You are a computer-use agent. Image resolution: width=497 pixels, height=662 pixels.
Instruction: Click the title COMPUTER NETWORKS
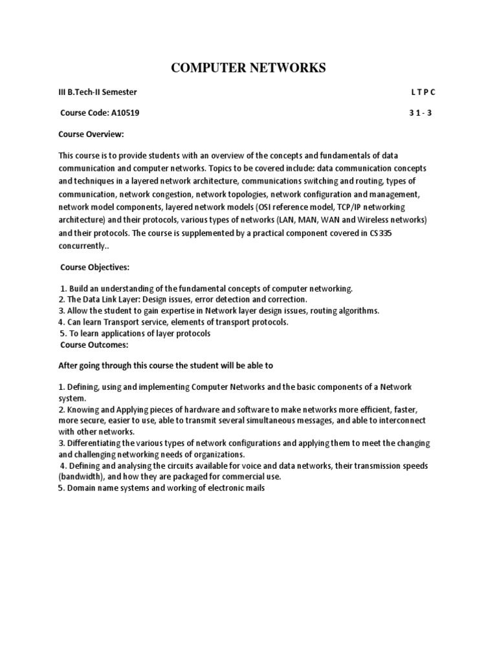click(x=248, y=68)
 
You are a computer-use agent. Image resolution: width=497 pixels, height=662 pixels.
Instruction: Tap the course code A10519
click(x=122, y=112)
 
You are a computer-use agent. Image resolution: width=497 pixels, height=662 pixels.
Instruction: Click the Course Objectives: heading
click(x=94, y=267)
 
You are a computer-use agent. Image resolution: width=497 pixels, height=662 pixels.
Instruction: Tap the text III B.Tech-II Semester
click(x=98, y=92)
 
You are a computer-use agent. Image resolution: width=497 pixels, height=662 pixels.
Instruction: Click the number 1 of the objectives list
click(x=63, y=288)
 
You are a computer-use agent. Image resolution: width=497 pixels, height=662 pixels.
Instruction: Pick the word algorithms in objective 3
click(x=357, y=310)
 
